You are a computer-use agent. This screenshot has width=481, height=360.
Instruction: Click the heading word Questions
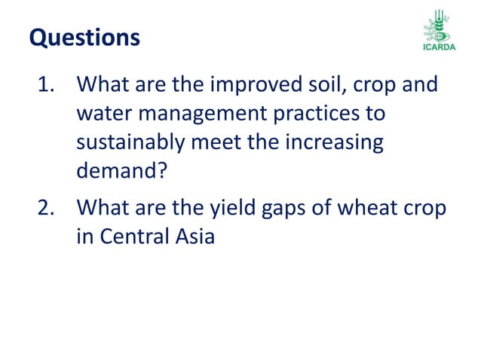click(84, 37)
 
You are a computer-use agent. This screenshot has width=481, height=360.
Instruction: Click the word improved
click(250, 84)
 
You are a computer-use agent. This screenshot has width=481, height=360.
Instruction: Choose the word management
click(213, 114)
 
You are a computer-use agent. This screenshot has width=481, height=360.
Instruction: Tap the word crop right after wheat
click(425, 207)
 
